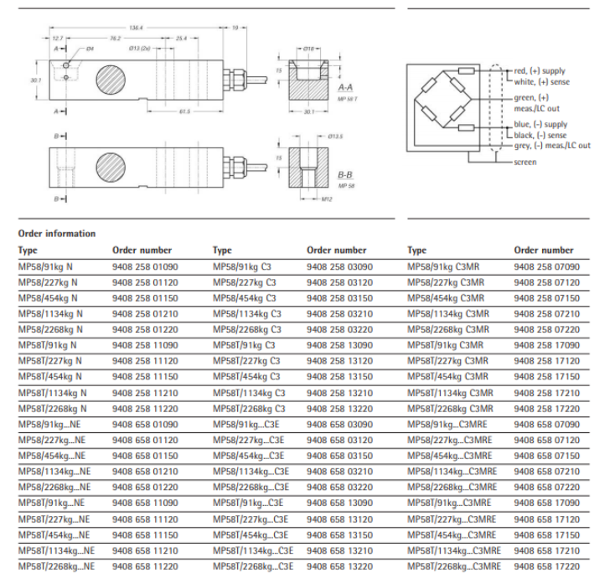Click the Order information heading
point(56,233)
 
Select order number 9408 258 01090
point(145,266)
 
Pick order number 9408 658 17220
point(546,567)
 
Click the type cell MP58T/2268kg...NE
point(56,567)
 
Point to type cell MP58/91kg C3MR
point(446,266)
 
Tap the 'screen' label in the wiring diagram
point(525,162)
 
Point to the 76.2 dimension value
point(116,39)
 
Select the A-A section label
point(345,87)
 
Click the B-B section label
point(345,173)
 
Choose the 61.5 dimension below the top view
point(184,111)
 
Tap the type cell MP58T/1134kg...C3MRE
point(453,551)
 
